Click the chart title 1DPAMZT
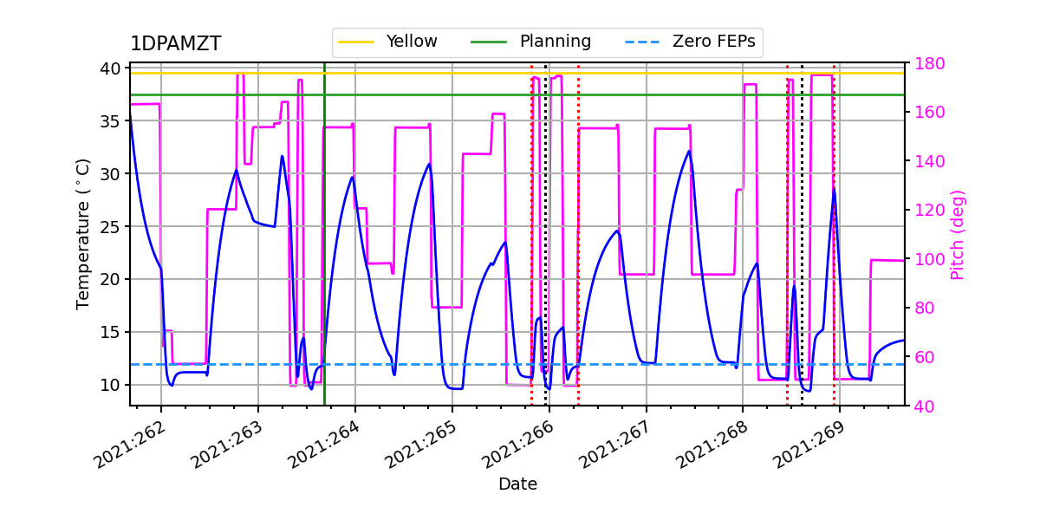[175, 44]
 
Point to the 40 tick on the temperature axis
[114, 68]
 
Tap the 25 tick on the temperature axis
[114, 226]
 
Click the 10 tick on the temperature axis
[114, 385]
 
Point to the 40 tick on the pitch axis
[923, 405]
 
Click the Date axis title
[517, 484]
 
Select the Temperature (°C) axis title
[83, 234]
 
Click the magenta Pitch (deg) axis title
[957, 234]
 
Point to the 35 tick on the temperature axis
[114, 121]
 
